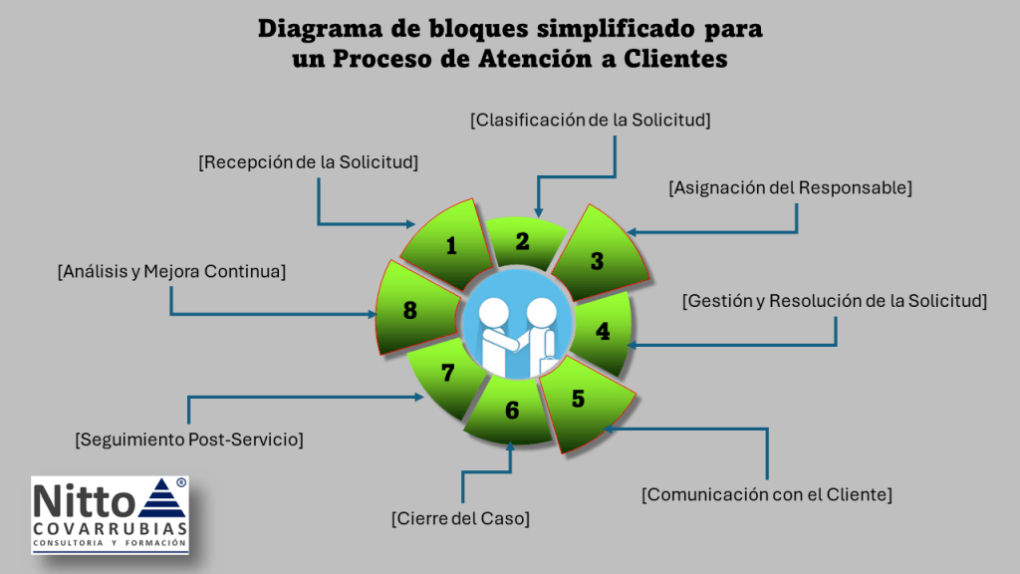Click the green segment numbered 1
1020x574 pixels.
450,244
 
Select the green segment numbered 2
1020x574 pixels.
522,241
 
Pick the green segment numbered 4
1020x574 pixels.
602,331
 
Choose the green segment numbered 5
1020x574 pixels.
579,400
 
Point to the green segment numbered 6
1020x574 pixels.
512,410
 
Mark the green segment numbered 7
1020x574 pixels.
447,374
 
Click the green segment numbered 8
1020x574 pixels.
409,310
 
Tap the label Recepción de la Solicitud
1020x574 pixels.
308,161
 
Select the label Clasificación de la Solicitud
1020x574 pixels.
590,120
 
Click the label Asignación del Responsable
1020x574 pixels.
790,186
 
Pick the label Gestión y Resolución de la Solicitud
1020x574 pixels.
835,301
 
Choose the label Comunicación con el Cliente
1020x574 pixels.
766,493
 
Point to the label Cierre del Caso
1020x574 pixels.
459,518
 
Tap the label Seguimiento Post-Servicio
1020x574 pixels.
189,438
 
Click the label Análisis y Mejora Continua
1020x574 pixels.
171,270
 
